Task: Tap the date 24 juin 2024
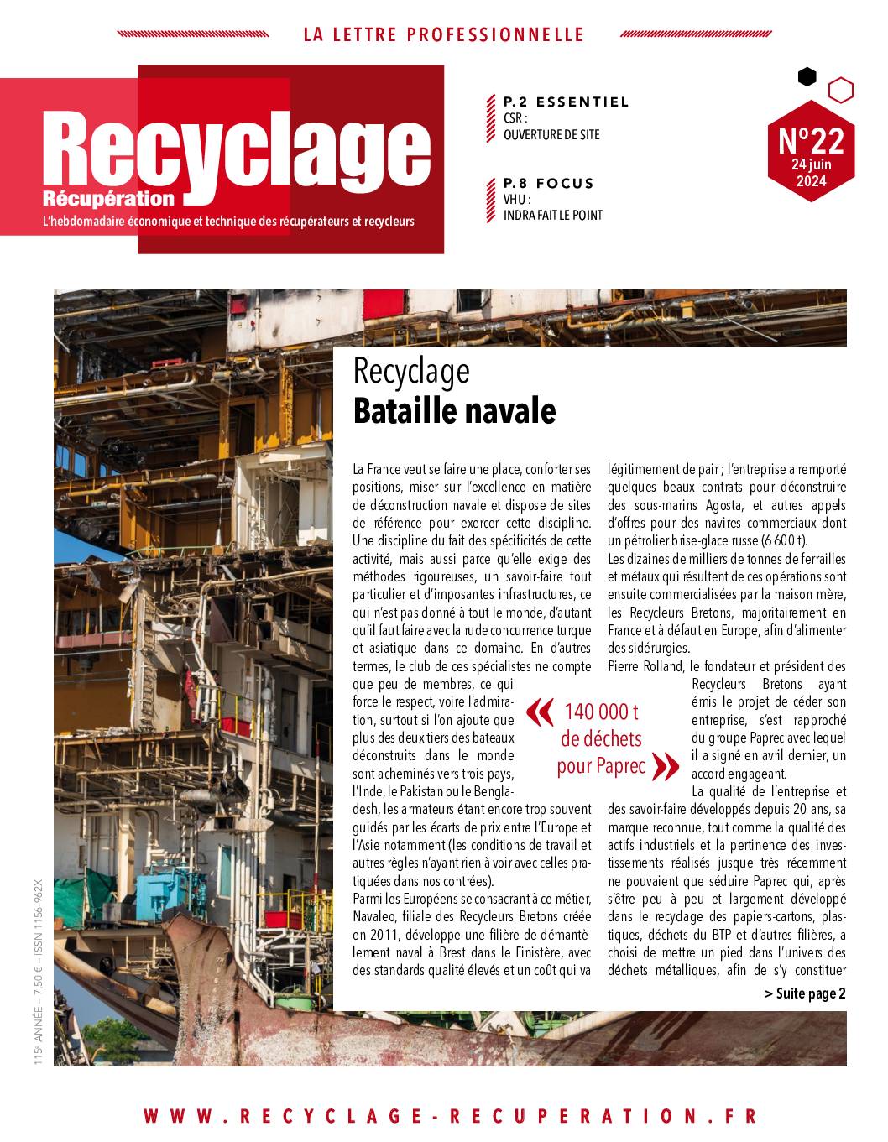[x=811, y=173]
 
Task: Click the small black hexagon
[x=807, y=77]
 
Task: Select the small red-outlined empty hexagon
[x=840, y=89]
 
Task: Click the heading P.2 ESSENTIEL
[x=566, y=102]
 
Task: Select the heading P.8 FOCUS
[x=548, y=183]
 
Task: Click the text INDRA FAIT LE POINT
[x=552, y=215]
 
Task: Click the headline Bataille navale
[x=454, y=412]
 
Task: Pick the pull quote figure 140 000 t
[x=600, y=712]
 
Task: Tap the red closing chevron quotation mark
[x=665, y=765]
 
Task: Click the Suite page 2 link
[x=804, y=993]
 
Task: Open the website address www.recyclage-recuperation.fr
[x=449, y=1116]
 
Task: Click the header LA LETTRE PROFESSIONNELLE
[x=443, y=34]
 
